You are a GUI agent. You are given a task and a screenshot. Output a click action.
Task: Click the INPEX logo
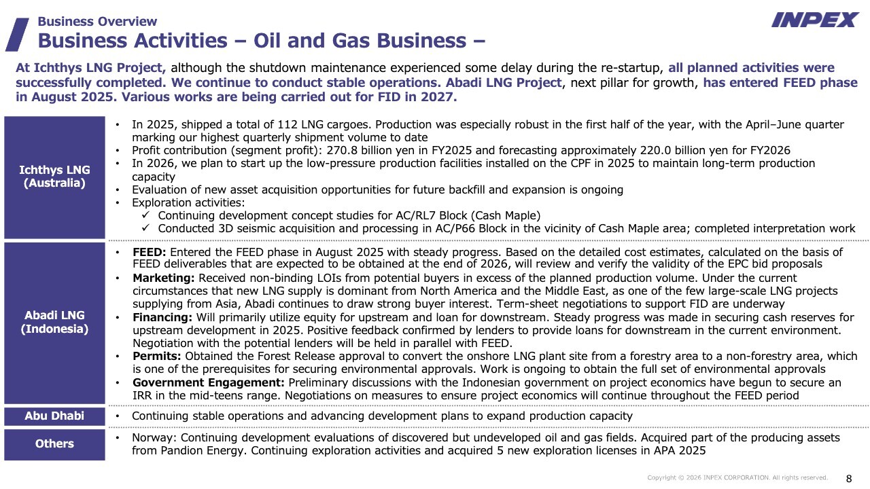[814, 20]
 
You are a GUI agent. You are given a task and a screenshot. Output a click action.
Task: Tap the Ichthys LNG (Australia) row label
[54, 177]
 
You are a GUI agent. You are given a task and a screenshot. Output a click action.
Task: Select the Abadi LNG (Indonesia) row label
[54, 322]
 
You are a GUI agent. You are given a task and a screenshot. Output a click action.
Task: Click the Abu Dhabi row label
[54, 416]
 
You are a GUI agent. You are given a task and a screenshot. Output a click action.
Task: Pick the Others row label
[54, 443]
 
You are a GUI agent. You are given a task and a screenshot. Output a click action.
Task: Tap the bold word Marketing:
[164, 278]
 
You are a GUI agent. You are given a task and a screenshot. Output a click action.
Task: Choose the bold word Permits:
[157, 357]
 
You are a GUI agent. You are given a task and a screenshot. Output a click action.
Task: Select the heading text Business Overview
[97, 22]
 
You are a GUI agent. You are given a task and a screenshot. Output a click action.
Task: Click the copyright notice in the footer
[737, 478]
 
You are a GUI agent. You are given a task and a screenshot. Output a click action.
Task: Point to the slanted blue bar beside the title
[16, 34]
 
